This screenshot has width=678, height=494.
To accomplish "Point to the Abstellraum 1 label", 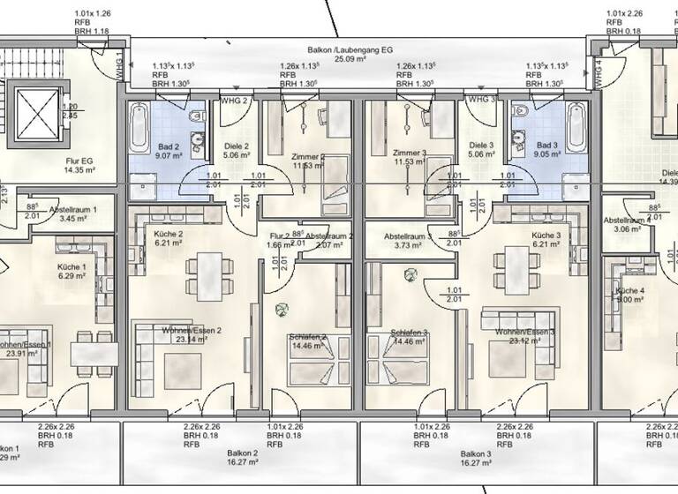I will [80, 210].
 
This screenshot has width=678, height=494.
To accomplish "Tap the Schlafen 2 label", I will [307, 336].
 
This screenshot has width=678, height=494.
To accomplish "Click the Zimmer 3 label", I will [411, 153].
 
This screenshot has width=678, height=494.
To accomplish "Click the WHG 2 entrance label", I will [234, 101].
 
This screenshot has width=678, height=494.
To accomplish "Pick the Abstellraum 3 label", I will [408, 236].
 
